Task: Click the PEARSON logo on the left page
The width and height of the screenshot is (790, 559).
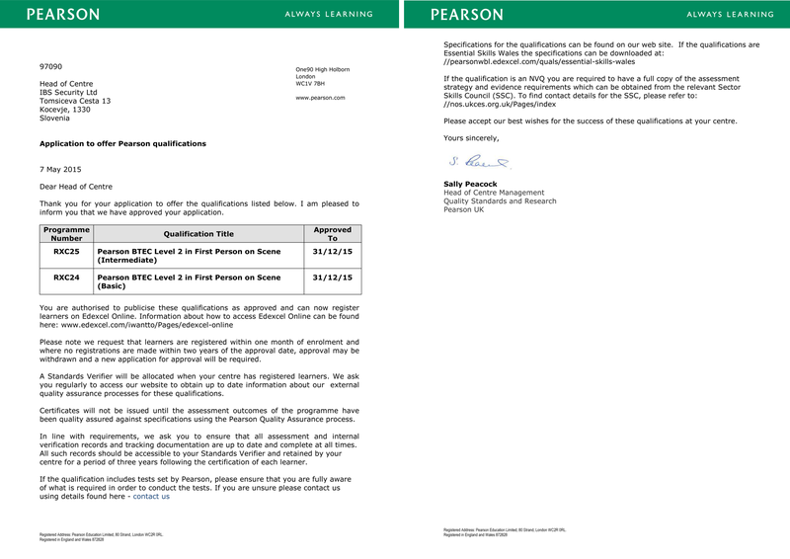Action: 62,14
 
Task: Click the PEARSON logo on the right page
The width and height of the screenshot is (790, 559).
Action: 467,14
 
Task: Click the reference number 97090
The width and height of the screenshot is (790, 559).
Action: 50,66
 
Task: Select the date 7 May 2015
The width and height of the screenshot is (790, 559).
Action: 60,169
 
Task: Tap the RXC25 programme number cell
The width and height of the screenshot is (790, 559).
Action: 67,252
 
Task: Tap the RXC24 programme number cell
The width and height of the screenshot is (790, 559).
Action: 67,278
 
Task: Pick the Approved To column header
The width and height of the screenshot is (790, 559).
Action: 332,234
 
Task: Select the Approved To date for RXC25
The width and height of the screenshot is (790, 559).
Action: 332,252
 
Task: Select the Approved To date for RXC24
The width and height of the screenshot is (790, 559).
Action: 332,278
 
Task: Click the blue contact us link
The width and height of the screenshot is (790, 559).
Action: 151,497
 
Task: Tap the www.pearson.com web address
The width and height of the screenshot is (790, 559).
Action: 320,98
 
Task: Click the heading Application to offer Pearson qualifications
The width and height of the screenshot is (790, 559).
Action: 122,143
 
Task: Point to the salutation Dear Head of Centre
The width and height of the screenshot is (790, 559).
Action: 76,187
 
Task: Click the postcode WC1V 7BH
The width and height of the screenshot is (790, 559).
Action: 310,83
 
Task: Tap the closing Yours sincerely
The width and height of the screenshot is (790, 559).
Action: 471,138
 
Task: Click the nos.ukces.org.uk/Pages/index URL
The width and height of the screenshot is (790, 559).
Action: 500,104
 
